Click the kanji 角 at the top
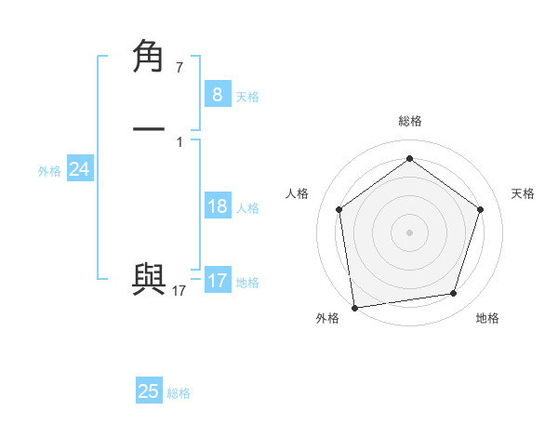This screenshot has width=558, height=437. coord(149,57)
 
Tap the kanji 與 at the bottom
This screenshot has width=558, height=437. coord(149,280)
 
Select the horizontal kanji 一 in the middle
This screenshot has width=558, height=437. coord(149,129)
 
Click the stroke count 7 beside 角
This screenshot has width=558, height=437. coord(179,68)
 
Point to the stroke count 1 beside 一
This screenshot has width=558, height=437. coord(179,141)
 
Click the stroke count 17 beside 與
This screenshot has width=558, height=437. coord(179,291)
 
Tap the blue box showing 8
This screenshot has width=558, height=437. coord(217,95)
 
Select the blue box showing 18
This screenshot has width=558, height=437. coord(217,206)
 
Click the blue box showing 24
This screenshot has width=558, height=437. coord(79,169)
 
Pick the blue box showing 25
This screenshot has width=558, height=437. coord(149,391)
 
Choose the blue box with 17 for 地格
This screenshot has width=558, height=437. coord(217,280)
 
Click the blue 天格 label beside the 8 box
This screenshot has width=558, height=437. coord(247,97)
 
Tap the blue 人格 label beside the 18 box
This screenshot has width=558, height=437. coord(247,208)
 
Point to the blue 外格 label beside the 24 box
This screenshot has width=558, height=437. coord(49,171)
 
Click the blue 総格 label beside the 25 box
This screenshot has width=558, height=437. coord(179,393)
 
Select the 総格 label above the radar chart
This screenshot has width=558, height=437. coord(409,121)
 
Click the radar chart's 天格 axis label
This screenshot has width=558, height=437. coord(523,193)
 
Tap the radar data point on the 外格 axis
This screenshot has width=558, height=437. coord(354,306)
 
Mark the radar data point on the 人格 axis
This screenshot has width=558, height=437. coord(339,209)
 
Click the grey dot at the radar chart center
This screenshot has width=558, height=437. coord(409,232)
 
